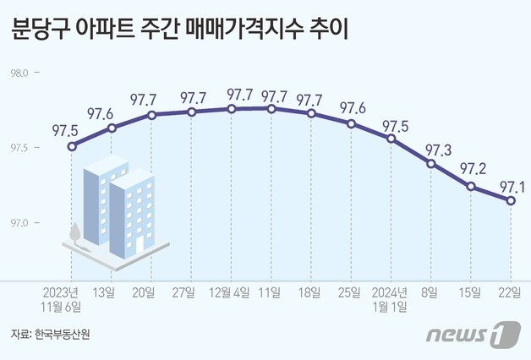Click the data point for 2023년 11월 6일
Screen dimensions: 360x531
(72, 146)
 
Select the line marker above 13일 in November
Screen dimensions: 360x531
(112, 128)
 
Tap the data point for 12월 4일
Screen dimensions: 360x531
(232, 109)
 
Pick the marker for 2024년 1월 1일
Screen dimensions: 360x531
(391, 138)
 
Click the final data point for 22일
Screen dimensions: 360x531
(511, 200)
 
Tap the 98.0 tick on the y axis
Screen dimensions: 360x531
(19, 74)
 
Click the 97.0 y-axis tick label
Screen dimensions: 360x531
(19, 223)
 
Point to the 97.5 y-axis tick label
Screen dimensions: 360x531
(19, 149)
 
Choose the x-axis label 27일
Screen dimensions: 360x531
(192, 292)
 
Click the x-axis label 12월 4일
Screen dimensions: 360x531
(232, 292)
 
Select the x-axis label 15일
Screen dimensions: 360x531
(471, 292)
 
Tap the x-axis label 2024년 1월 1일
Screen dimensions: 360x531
(391, 299)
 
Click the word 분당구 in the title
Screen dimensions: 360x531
(41, 31)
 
